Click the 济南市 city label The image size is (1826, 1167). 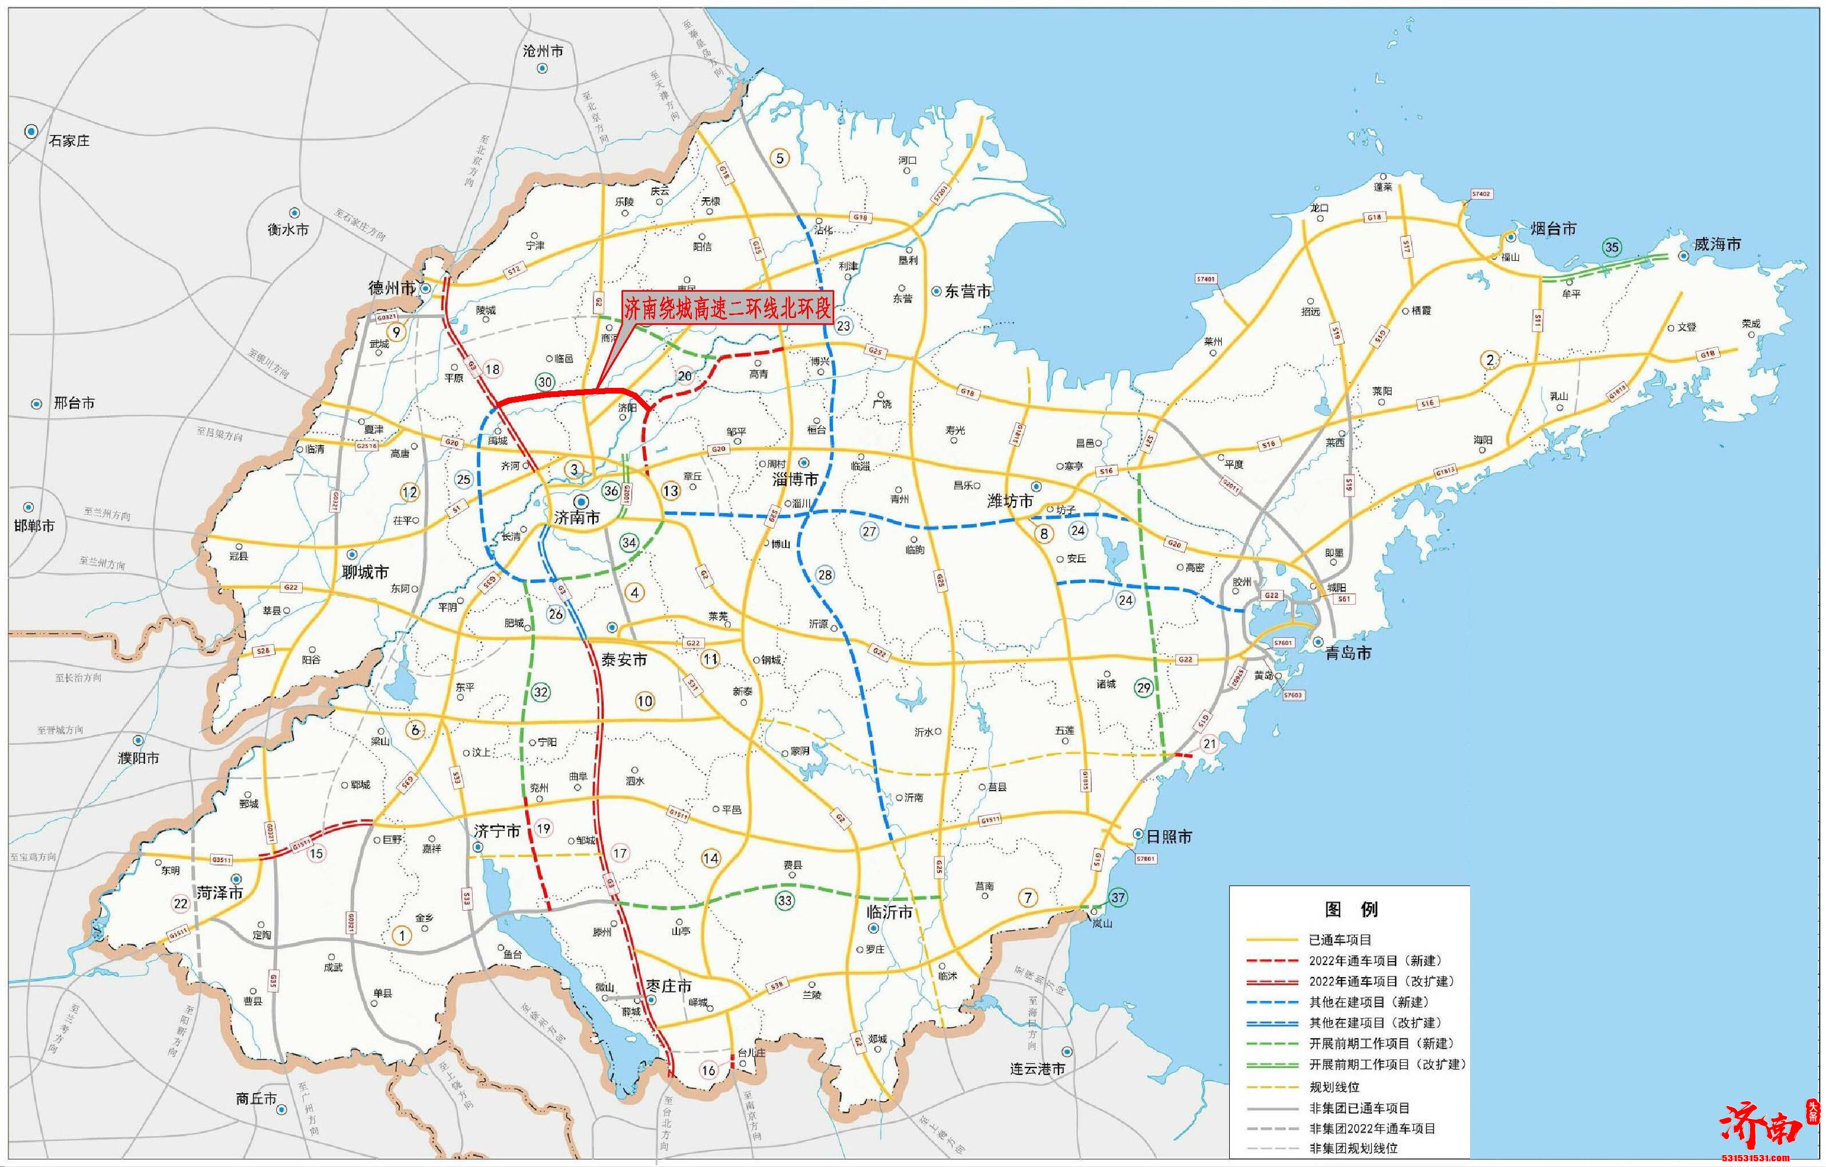[576, 518]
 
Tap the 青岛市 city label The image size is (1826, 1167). [1348, 653]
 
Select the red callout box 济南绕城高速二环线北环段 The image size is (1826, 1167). [727, 308]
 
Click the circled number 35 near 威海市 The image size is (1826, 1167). [1611, 247]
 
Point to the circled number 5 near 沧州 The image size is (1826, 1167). [779, 158]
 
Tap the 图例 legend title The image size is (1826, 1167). [1351, 909]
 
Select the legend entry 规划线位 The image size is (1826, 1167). [1334, 1086]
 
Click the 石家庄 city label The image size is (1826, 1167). [69, 141]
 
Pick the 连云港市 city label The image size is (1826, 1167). [1037, 1069]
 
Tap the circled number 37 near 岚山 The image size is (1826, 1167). [1118, 897]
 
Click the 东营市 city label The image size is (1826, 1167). [968, 291]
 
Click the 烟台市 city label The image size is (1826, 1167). [1553, 228]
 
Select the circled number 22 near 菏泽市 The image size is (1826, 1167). [180, 903]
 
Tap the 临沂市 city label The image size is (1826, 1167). [889, 912]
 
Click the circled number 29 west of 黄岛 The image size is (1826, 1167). [1143, 688]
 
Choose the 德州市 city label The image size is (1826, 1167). [391, 288]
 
